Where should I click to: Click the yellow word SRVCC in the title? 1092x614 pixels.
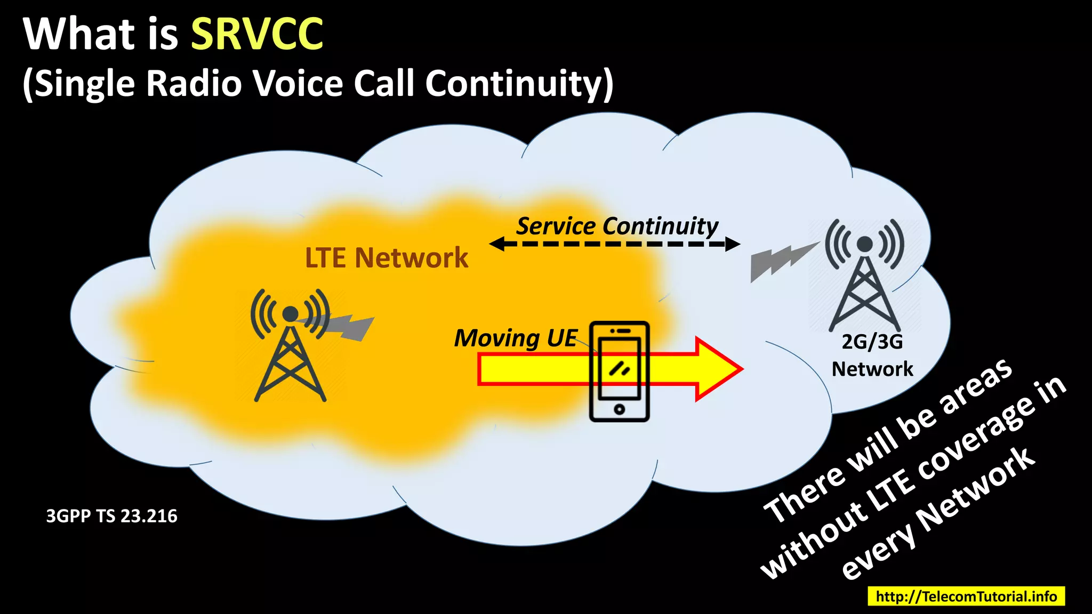[x=257, y=34]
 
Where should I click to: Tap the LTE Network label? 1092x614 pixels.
[x=386, y=258]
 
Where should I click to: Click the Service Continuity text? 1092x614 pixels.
[x=617, y=226]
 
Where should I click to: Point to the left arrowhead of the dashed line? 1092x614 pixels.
[x=496, y=244]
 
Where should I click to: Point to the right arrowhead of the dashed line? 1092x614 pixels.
[x=734, y=244]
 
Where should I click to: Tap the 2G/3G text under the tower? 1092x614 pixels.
[x=872, y=342]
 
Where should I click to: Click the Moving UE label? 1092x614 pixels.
[x=515, y=338]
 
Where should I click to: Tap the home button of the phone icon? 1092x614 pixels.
[x=619, y=409]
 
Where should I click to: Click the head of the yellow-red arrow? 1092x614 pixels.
[x=720, y=369]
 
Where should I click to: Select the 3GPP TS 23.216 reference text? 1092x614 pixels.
[x=111, y=516]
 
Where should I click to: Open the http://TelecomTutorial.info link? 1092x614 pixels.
[x=966, y=596]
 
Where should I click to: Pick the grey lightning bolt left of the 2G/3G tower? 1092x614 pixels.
[x=781, y=261]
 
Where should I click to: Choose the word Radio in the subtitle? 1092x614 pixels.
[x=194, y=84]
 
